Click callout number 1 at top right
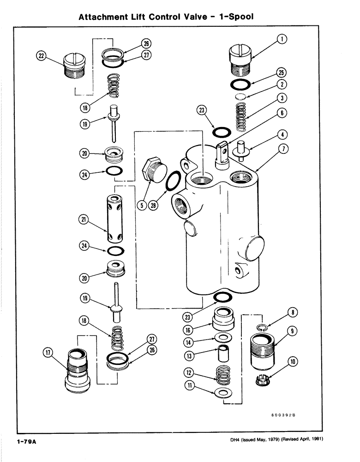point(280,40)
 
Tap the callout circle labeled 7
point(284,149)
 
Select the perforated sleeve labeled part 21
point(113,219)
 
